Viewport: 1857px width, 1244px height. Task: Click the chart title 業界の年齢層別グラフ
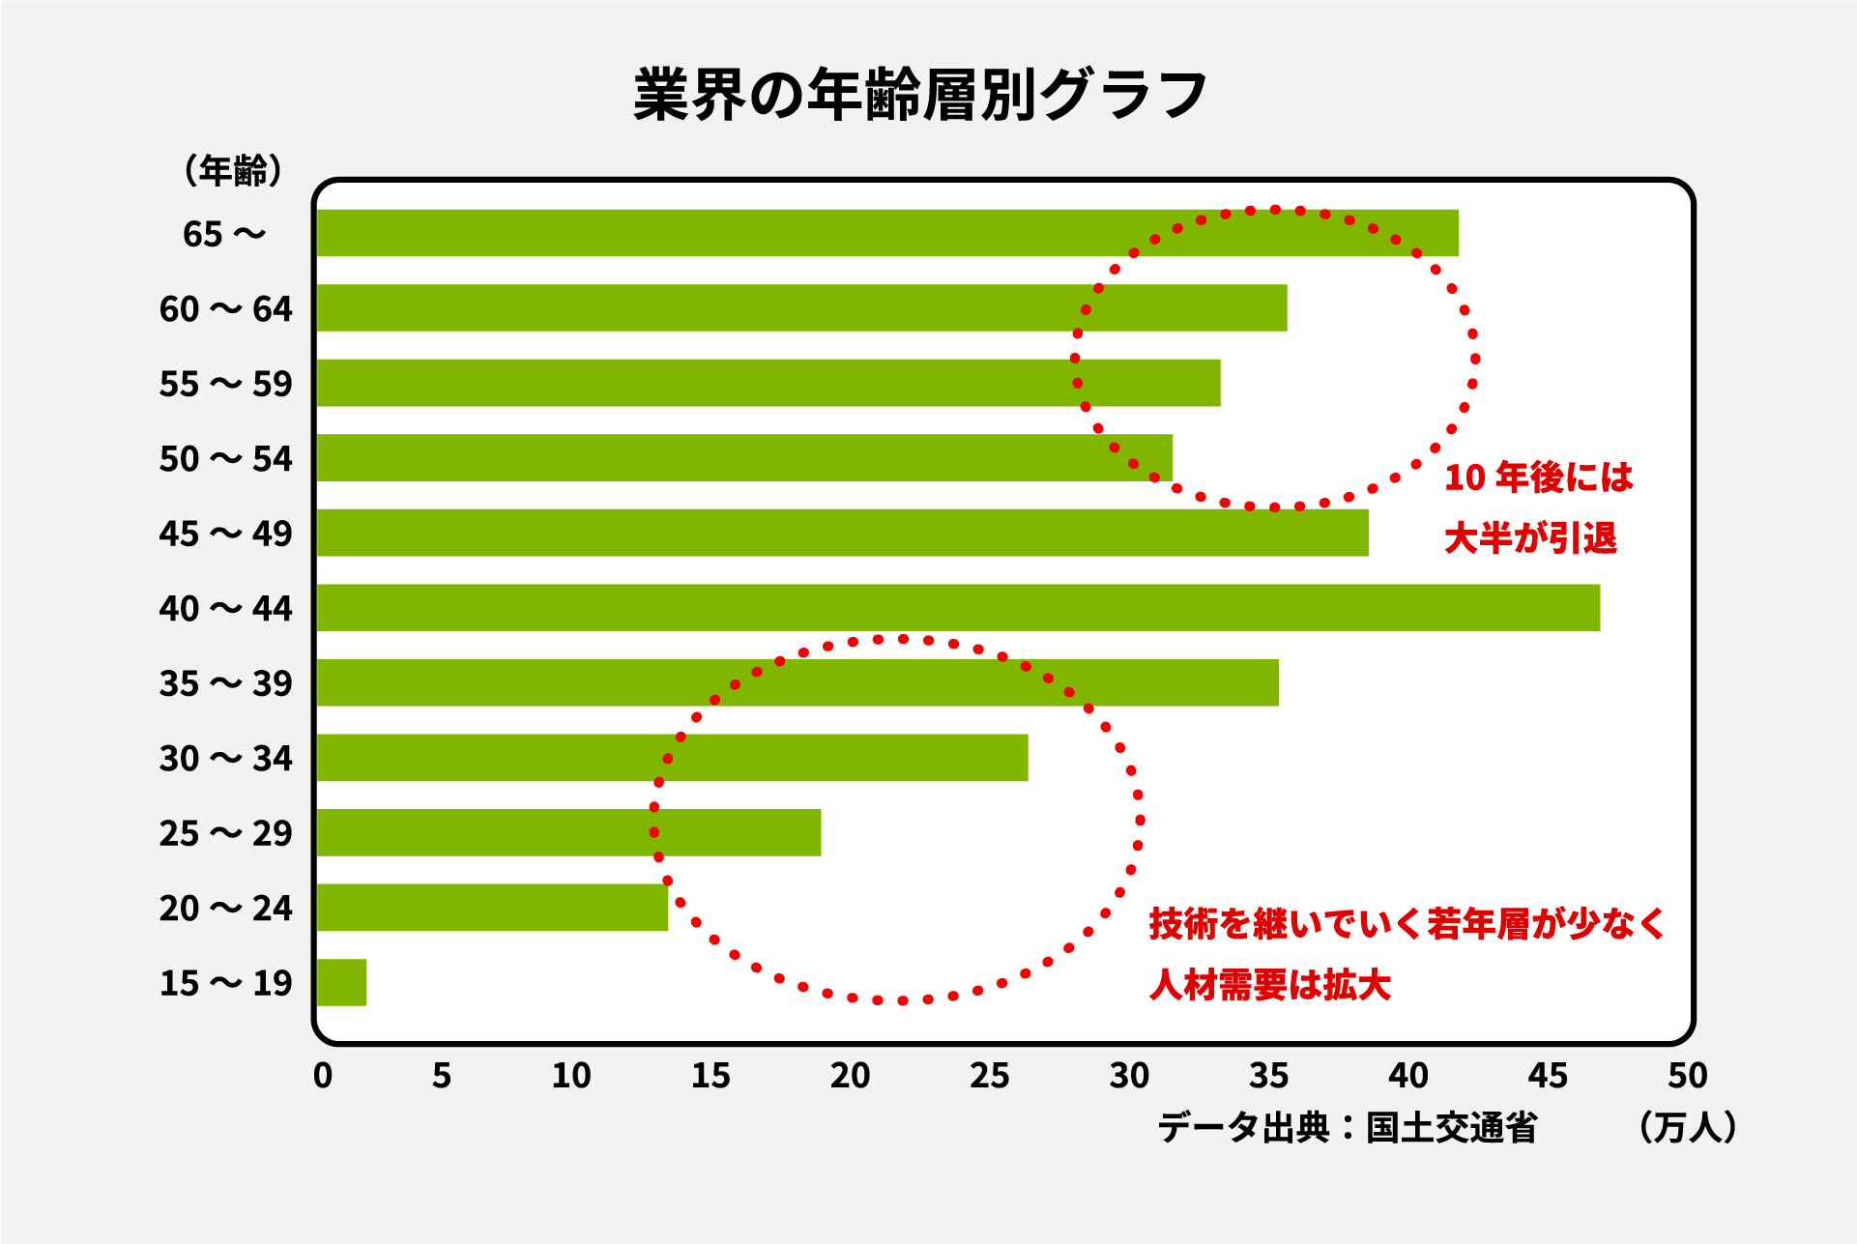[920, 95]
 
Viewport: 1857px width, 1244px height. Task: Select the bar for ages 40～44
[957, 608]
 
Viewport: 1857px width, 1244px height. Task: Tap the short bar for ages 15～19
[341, 982]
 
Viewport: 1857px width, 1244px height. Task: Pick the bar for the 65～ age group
[886, 233]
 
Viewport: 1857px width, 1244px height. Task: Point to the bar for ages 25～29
[568, 832]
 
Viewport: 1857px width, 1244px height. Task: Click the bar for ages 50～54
[744, 458]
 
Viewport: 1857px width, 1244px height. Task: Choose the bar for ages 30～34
[672, 758]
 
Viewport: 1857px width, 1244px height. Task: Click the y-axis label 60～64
[225, 309]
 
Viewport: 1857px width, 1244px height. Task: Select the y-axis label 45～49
[225, 534]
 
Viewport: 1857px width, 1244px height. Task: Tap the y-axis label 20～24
[225, 909]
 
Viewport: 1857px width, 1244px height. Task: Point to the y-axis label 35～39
[225, 683]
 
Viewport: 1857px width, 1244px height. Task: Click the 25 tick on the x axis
[989, 1076]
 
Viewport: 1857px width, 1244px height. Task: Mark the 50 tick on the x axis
[1687, 1076]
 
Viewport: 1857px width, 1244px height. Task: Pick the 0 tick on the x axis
[323, 1076]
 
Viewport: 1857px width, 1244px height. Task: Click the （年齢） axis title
[233, 171]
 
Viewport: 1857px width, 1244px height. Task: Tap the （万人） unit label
[1688, 1127]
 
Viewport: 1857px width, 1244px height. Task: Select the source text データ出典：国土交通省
[1347, 1127]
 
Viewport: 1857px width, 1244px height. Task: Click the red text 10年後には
[1538, 477]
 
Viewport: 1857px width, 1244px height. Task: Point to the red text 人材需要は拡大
[1270, 985]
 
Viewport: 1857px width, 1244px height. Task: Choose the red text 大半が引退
[1530, 538]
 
